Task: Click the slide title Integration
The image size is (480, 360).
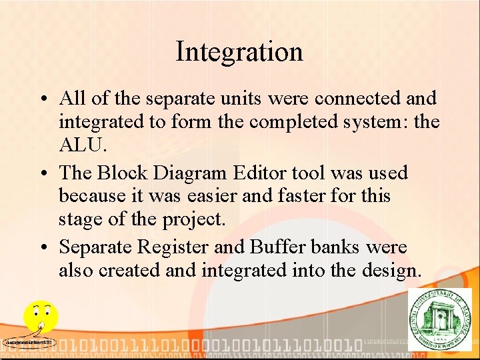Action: pyautogui.click(x=239, y=52)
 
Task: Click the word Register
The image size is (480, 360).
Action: pyautogui.click(x=173, y=247)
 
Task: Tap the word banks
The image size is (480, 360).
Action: pyautogui.click(x=337, y=247)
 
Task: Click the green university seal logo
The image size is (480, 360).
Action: pyautogui.click(x=439, y=319)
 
